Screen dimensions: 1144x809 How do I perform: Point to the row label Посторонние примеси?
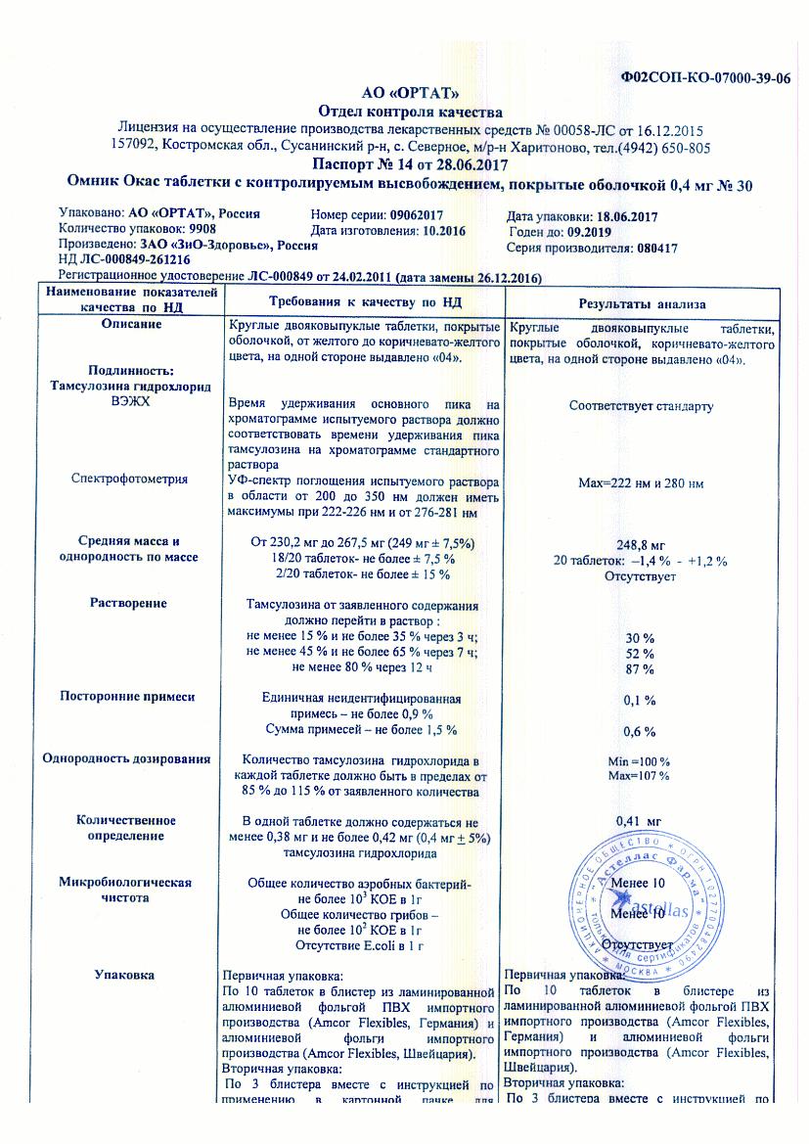click(128, 696)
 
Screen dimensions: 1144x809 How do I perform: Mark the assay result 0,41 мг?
click(640, 820)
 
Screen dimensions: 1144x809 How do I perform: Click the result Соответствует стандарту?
click(640, 406)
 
